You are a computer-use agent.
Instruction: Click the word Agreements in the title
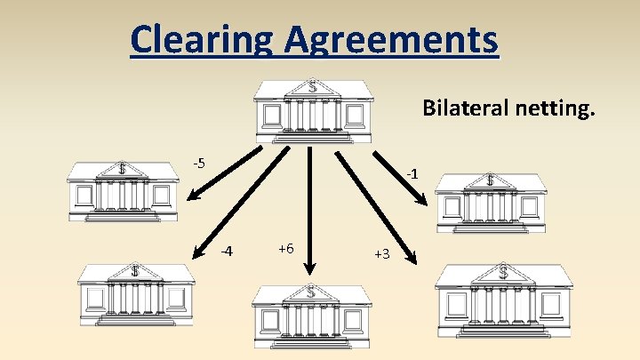pyautogui.click(x=391, y=39)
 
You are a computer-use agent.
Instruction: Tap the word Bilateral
pyautogui.click(x=463, y=108)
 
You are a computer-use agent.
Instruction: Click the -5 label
pyautogui.click(x=200, y=163)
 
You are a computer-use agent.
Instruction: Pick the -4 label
pyautogui.click(x=227, y=251)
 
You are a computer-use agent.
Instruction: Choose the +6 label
pyautogui.click(x=287, y=248)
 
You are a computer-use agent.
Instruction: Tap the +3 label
pyautogui.click(x=382, y=254)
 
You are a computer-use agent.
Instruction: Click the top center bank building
pyautogui.click(x=313, y=110)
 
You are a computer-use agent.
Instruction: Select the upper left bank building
pyautogui.click(x=123, y=190)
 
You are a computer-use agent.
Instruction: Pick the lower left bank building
pyautogui.click(x=135, y=293)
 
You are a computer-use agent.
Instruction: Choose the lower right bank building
pyautogui.click(x=503, y=294)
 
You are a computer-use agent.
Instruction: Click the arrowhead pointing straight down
pyautogui.click(x=309, y=267)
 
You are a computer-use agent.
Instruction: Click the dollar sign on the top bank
pyautogui.click(x=312, y=86)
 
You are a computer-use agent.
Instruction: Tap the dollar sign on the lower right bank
pyautogui.click(x=503, y=270)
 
